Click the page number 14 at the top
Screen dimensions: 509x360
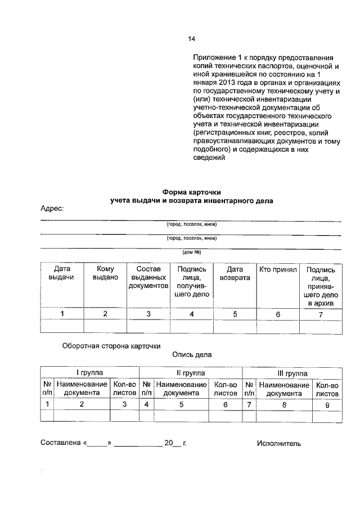191,39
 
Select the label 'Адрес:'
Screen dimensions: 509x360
52,208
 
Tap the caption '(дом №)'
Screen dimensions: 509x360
191,252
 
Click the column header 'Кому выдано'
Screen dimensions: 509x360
105,273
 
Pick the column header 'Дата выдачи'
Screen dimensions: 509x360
62,273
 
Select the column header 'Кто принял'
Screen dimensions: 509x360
277,269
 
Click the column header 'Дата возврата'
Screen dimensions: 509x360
235,273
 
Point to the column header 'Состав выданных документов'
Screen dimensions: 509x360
148,277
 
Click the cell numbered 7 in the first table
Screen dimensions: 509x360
321,314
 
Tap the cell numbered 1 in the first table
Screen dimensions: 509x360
62,314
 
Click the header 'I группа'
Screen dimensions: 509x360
89,373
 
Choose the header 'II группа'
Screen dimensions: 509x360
191,373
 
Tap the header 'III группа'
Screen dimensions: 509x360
292,373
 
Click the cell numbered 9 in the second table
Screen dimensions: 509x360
327,404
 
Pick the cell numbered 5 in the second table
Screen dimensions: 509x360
181,404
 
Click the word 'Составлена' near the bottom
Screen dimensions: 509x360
61,443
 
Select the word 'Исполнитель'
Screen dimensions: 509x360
279,443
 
